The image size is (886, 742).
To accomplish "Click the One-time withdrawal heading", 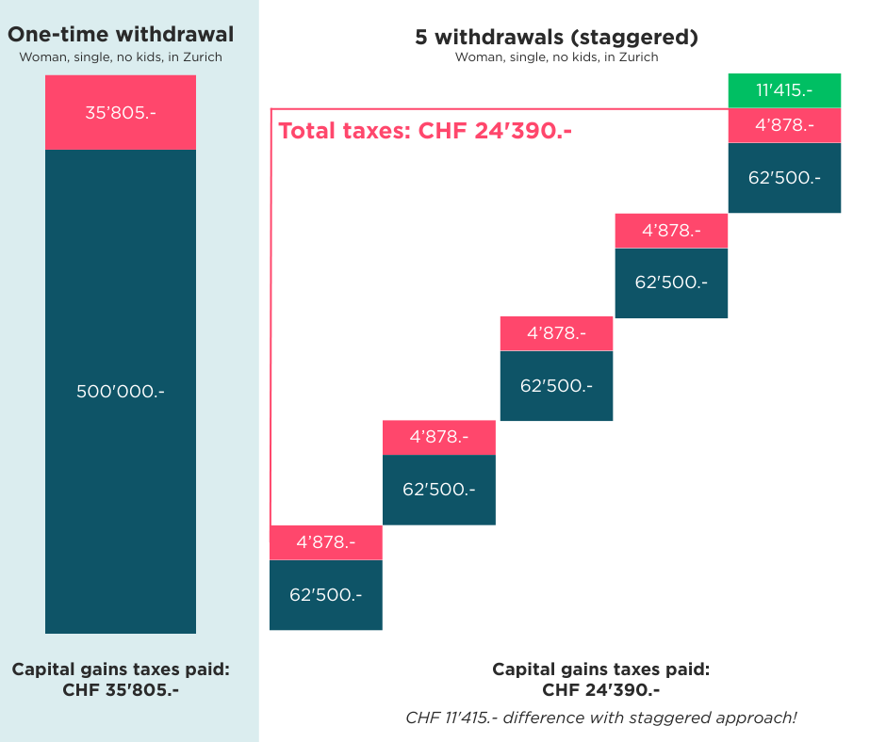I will (x=121, y=36).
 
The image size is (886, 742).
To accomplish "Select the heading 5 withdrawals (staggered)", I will (x=556, y=38).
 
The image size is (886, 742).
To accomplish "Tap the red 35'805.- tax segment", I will (x=121, y=113).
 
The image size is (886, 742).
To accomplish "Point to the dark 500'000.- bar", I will (x=121, y=391).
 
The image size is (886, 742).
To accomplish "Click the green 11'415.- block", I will (x=784, y=90).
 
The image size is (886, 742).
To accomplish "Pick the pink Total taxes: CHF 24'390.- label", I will (x=426, y=131).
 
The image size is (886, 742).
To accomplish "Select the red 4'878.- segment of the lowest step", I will (x=326, y=542).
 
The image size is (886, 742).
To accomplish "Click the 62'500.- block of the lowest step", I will (x=326, y=595).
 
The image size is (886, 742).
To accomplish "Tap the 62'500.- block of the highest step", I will (x=784, y=177).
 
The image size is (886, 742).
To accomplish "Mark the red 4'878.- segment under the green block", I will (x=784, y=125).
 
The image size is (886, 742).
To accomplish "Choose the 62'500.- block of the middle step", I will (x=556, y=386).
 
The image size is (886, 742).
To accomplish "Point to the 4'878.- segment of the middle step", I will (x=556, y=333).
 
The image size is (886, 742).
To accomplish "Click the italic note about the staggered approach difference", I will (x=601, y=718).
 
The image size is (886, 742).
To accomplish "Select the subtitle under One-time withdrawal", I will (x=121, y=56).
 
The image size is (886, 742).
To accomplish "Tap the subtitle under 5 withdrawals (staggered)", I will (x=556, y=57).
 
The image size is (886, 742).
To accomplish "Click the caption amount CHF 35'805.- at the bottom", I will (x=121, y=689).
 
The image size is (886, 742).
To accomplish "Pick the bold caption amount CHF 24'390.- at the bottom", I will (x=601, y=689).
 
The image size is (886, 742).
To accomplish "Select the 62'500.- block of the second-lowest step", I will (x=439, y=490).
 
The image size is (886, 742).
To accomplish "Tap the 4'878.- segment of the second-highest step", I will (x=671, y=231).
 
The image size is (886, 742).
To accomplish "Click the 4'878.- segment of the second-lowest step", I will (x=439, y=437).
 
